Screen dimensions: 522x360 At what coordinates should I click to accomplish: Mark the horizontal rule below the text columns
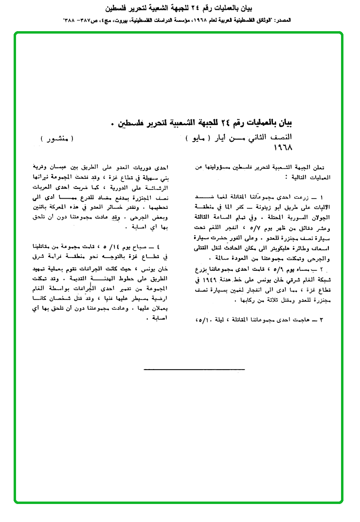[x=180, y=370]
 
